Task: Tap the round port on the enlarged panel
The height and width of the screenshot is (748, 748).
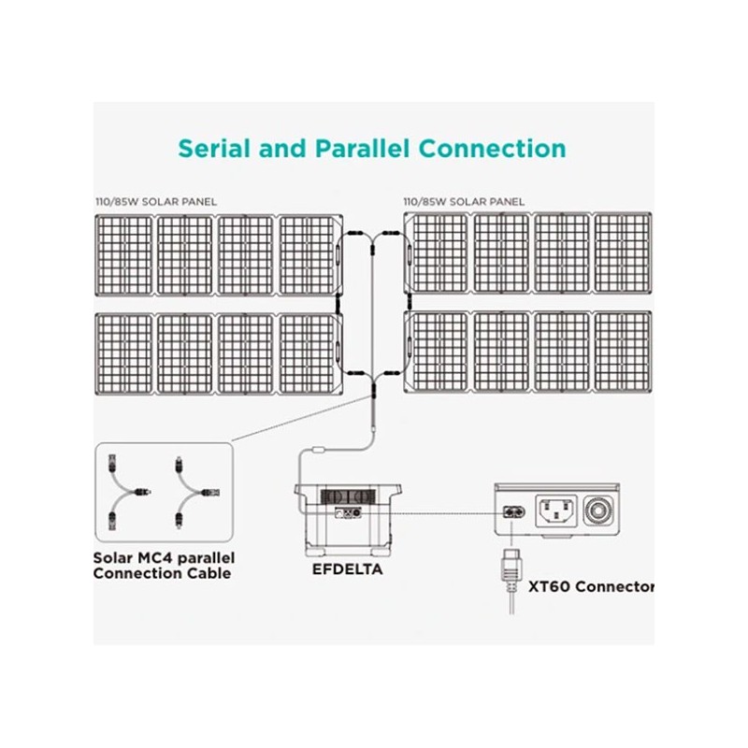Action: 599,511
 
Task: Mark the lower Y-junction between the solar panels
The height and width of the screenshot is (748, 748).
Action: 371,377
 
